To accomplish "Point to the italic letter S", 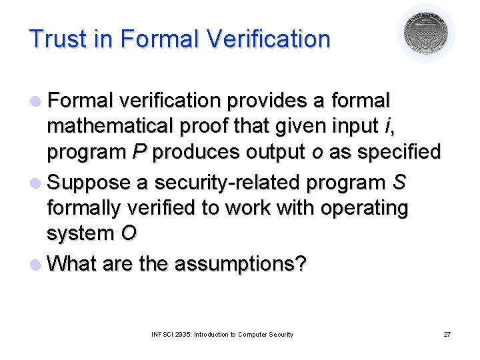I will click(401, 181).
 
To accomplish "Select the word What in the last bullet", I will click(72, 264).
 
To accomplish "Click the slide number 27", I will click(447, 334).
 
